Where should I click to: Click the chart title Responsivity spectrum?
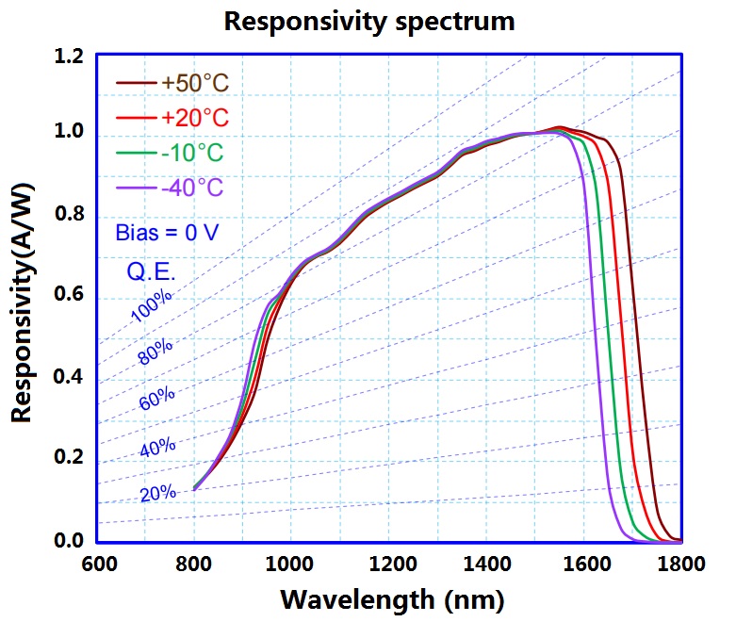(369, 21)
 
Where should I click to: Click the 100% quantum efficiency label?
(152, 307)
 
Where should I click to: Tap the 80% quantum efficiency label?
(155, 352)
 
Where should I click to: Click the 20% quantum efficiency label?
(158, 492)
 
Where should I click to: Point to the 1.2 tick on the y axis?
(70, 58)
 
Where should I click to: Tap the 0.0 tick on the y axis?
(70, 542)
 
